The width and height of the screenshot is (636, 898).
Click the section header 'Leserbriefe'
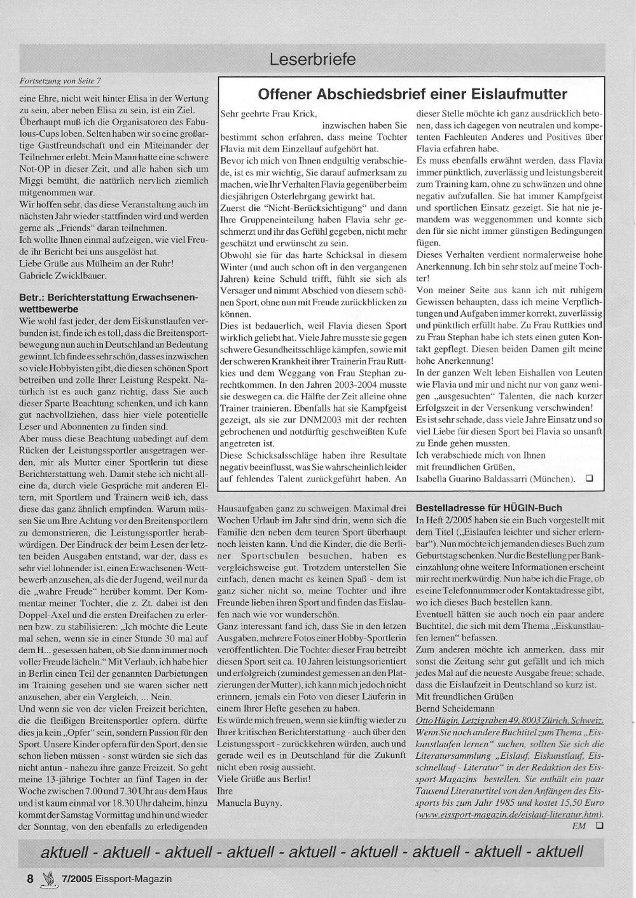point(312,60)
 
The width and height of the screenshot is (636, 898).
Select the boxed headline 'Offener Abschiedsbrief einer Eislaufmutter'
point(412,95)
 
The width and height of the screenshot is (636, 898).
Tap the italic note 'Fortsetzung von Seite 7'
point(61,81)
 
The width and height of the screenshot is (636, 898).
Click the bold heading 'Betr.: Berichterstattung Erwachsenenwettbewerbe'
point(109,302)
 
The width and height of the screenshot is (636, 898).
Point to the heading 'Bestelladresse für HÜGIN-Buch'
point(488,508)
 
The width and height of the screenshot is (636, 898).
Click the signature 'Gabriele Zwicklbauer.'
point(63,275)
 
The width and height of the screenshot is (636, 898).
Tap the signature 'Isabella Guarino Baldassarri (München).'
point(495,478)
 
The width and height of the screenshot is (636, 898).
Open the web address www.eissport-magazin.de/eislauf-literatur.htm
point(509,815)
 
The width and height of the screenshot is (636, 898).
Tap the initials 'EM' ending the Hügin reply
point(579,826)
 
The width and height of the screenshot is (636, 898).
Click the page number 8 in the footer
point(30,879)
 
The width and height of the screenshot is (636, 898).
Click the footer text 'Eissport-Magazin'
point(133,879)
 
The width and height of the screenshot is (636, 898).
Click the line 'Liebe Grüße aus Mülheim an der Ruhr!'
point(97,264)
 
